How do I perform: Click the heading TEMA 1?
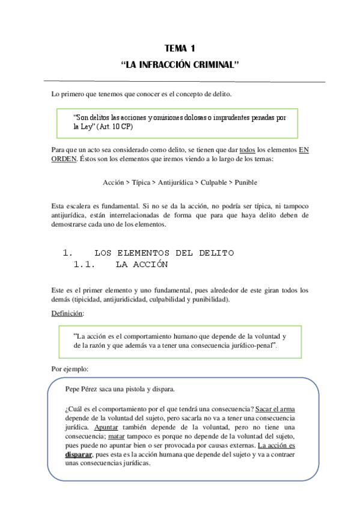point(180,48)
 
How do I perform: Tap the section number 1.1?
point(85,264)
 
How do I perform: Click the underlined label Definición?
point(67,313)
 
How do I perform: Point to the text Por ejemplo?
point(70,369)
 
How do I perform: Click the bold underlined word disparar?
point(79,455)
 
